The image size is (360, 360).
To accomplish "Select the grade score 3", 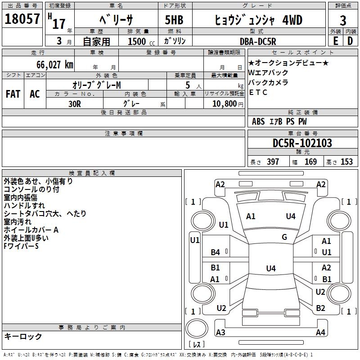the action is click(x=343, y=21).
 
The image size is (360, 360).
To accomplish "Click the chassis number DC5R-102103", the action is click(x=302, y=143).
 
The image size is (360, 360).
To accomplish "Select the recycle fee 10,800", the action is click(x=223, y=103).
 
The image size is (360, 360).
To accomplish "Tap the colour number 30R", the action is click(x=74, y=103).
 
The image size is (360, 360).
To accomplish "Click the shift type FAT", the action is click(x=13, y=94).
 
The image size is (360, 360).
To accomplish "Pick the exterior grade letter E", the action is click(x=335, y=41).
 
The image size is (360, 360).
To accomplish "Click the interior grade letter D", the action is click(x=350, y=41).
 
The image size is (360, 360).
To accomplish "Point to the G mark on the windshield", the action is click(x=284, y=237).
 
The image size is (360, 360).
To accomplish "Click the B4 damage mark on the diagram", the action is click(x=216, y=252).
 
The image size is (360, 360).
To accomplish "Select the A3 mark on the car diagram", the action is click(x=220, y=333).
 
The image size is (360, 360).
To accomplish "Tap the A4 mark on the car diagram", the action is click(x=320, y=333).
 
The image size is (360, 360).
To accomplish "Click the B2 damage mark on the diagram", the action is click(x=320, y=308).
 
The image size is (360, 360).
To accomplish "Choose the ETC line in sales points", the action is click(x=258, y=93).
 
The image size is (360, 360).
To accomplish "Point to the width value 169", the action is click(x=310, y=162).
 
